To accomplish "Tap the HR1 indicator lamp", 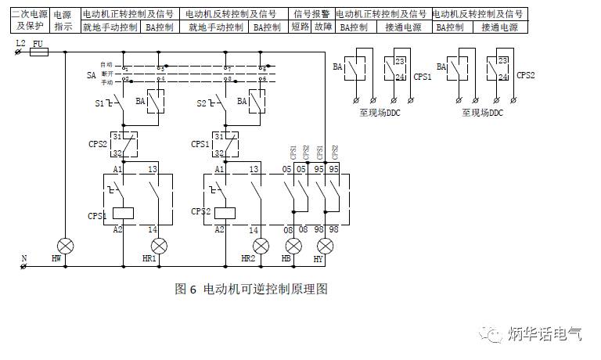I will click(x=153, y=245).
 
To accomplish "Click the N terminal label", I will click(x=23, y=257).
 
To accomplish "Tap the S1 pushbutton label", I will click(x=100, y=103).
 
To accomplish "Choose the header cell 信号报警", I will click(x=311, y=14).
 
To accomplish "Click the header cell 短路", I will click(x=300, y=27).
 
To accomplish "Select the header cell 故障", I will click(x=322, y=27).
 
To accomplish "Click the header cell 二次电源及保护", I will click(x=30, y=20).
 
